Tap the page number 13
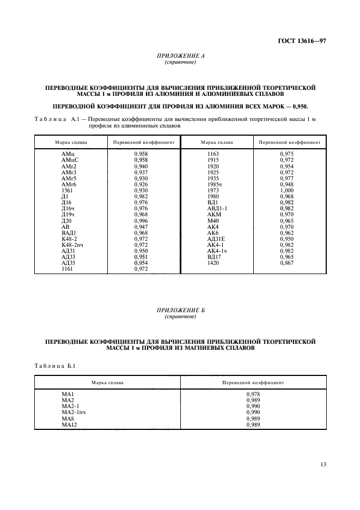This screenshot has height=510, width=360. coord(323,464)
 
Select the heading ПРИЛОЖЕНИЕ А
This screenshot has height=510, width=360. coord(180,56)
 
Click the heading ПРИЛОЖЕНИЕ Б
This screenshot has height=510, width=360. coord(180,311)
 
